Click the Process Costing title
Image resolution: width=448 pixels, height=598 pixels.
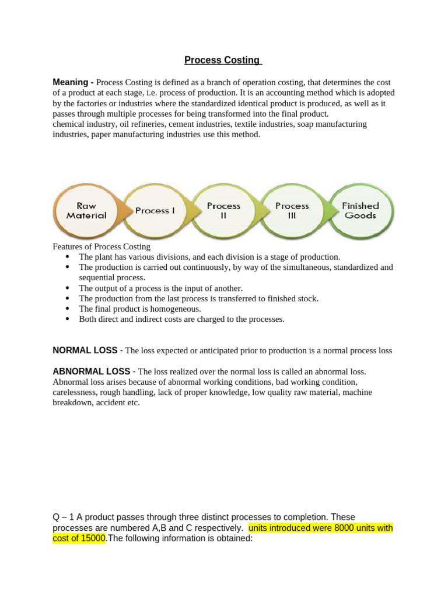coord(223,60)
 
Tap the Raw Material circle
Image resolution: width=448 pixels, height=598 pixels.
coord(86,211)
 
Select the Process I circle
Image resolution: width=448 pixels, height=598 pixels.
coord(155,211)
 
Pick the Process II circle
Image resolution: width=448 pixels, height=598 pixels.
coord(223,211)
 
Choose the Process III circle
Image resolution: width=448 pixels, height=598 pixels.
coord(292,211)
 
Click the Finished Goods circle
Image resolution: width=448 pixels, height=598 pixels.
coord(360,211)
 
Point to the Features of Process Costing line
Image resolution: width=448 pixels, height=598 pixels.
coord(101,246)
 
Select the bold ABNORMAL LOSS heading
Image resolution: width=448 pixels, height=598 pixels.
coord(92,371)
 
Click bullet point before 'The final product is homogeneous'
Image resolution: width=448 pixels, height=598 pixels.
coord(68,308)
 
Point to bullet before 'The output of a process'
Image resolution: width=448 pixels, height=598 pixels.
coord(68,288)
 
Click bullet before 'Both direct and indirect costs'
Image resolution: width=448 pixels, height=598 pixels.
coord(68,319)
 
